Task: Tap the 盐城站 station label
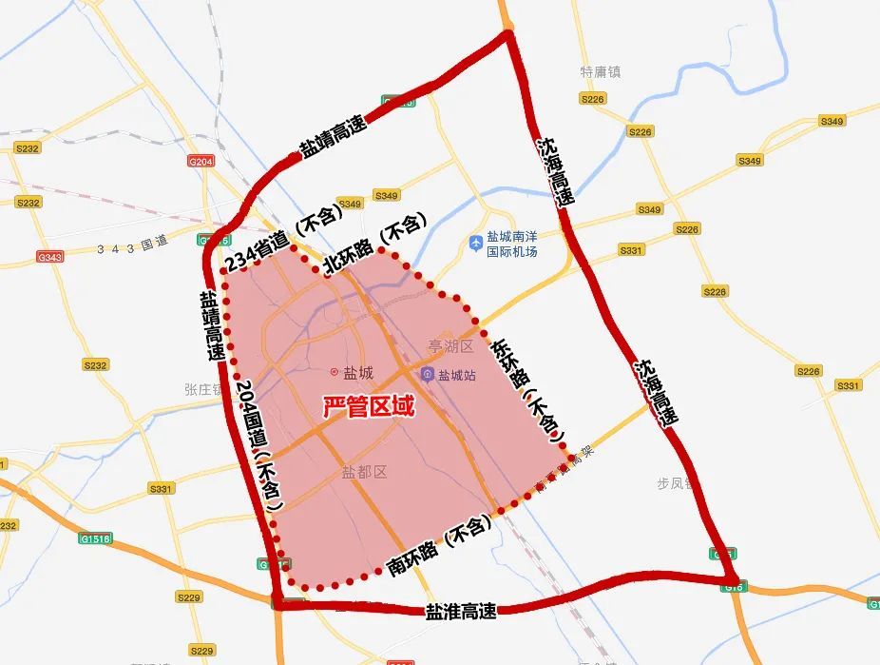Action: pyautogui.click(x=456, y=375)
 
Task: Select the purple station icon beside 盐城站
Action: pyautogui.click(x=428, y=375)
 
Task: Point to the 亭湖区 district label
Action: pyautogui.click(x=450, y=347)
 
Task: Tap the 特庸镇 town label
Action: pyautogui.click(x=600, y=71)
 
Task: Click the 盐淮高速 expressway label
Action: pyautogui.click(x=461, y=612)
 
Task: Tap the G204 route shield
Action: pyautogui.click(x=201, y=162)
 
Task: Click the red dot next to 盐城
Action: pyautogui.click(x=334, y=372)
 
